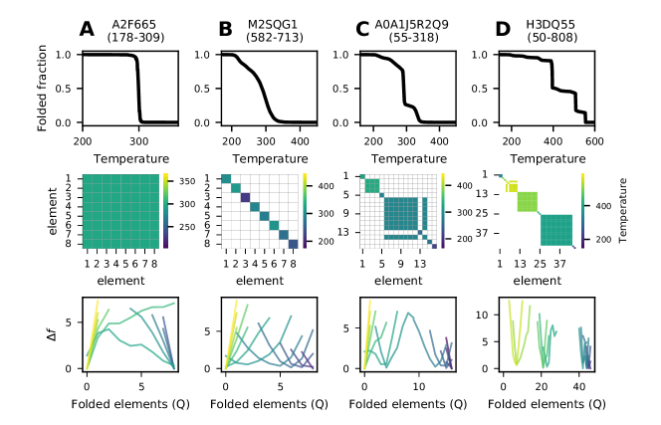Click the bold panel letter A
pyautogui.click(x=88, y=30)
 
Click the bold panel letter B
pyautogui.click(x=225, y=30)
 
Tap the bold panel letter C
pyautogui.click(x=362, y=30)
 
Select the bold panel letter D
pyautogui.click(x=500, y=30)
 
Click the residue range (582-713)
pyautogui.click(x=272, y=38)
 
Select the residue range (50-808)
pyautogui.click(x=548, y=38)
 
